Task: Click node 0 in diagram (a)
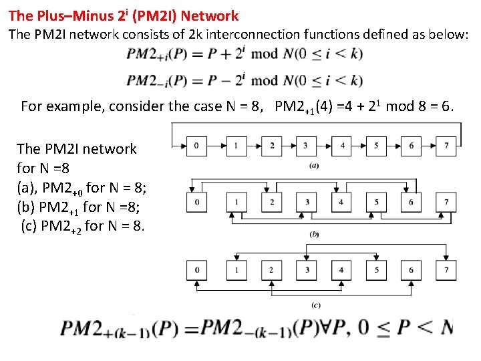(196, 145)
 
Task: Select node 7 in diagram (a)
(447, 145)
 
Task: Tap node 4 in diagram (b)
(341, 202)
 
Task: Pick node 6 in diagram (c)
(411, 269)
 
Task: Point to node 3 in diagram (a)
(305, 145)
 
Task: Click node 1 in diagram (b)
(236, 202)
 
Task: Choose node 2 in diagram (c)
(271, 269)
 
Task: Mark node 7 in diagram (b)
(447, 202)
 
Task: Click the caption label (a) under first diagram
(313, 165)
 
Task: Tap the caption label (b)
(313, 235)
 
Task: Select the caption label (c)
(316, 305)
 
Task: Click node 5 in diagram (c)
(376, 269)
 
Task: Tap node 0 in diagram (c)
(196, 269)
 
